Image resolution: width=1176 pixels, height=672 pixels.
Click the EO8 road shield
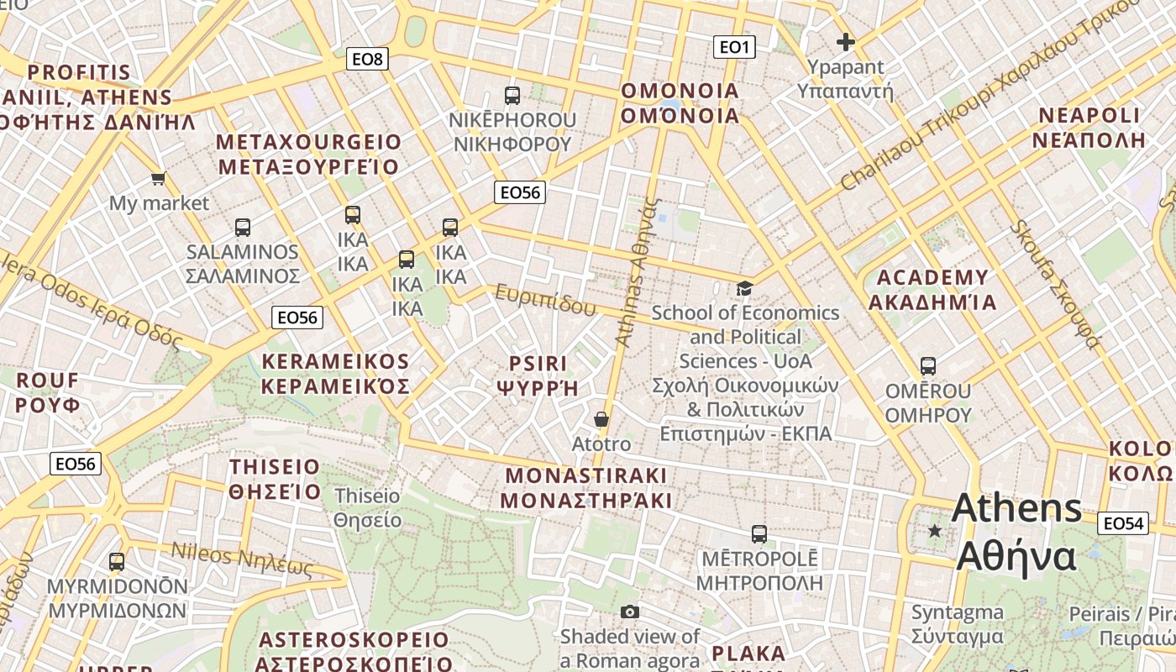point(367,59)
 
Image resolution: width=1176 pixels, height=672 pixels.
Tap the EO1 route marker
point(733,47)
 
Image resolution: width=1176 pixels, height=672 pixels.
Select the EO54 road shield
point(1123,523)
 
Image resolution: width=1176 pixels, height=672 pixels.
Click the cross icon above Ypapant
point(845,41)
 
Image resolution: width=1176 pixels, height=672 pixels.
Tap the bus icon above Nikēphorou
point(512,95)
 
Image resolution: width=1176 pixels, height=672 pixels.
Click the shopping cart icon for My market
point(158,178)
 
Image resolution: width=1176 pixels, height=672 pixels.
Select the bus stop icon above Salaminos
point(242,227)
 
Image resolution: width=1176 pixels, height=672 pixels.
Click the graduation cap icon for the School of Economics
point(744,288)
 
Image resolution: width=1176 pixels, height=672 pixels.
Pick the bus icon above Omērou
point(927,366)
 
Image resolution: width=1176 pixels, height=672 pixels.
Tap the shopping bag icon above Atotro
point(601,418)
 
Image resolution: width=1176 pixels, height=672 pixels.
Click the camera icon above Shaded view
point(629,612)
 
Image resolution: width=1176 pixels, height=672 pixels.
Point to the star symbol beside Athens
point(934,531)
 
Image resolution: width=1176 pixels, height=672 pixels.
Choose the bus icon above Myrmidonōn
point(117,561)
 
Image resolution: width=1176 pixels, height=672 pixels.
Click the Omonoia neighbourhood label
point(680,102)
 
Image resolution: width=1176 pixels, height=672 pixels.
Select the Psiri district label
point(538,375)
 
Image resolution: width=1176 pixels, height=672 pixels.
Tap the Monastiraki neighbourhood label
point(586,488)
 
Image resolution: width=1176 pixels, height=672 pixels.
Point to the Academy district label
point(932,290)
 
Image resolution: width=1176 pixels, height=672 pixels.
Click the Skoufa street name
point(1055,283)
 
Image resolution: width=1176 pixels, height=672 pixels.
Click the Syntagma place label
point(958,624)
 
